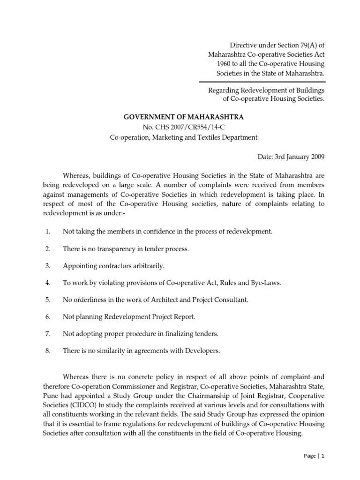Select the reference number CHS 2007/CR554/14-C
click(191, 127)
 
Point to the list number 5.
click(48, 300)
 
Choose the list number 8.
click(48, 350)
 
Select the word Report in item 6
click(186, 316)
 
